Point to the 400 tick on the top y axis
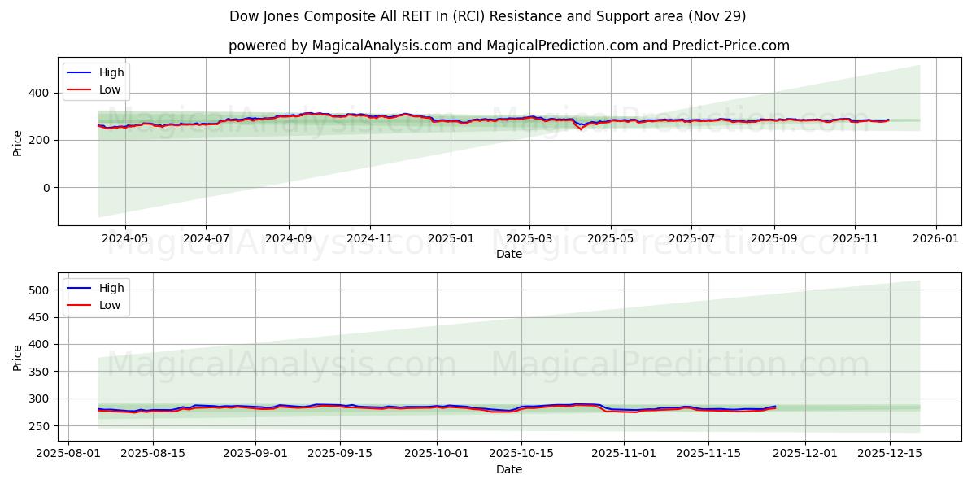[39, 93]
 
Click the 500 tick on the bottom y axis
[39, 290]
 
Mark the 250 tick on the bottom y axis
[39, 426]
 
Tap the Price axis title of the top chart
[18, 142]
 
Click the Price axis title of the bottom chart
[18, 357]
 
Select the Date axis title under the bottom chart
[509, 470]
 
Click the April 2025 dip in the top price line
[581, 129]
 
